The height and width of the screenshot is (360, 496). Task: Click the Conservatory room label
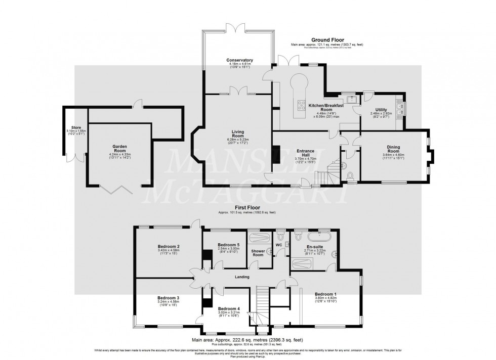click(x=240, y=60)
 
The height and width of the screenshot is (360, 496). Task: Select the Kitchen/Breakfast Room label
click(x=326, y=107)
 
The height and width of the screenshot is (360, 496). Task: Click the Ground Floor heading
click(x=327, y=39)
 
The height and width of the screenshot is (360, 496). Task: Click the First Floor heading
click(x=247, y=208)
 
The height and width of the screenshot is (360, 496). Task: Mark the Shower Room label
click(x=258, y=253)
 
